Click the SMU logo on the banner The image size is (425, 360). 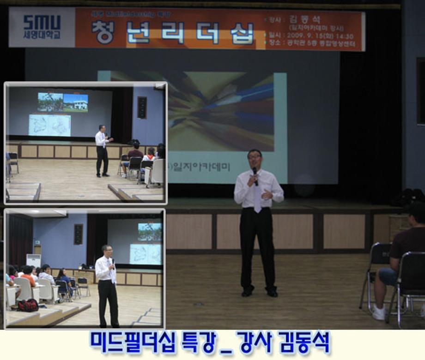42,22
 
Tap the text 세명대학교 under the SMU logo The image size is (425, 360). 42,34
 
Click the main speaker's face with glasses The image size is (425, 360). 254,159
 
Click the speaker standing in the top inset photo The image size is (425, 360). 102,150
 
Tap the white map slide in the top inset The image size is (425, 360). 49,125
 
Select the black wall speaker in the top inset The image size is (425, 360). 142,107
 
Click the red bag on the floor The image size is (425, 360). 28,305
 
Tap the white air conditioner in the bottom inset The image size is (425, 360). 33,261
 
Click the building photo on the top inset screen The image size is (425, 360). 75,102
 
